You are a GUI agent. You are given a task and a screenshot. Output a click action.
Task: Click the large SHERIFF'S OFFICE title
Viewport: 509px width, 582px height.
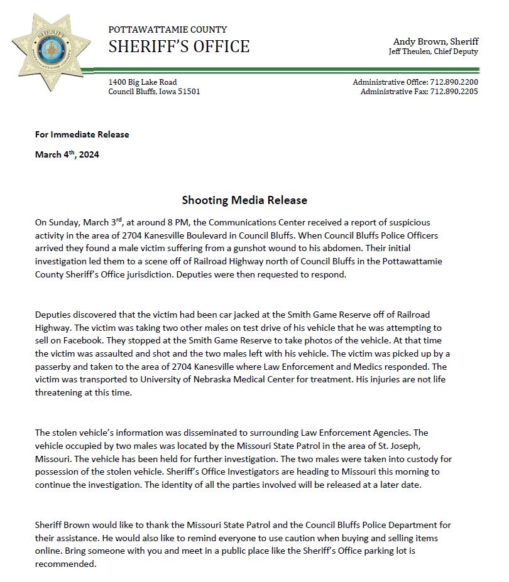[178, 46]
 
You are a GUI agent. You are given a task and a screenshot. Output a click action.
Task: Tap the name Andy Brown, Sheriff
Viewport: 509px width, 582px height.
[435, 41]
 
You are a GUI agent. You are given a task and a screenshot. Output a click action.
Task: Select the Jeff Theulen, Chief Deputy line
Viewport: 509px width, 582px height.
[434, 51]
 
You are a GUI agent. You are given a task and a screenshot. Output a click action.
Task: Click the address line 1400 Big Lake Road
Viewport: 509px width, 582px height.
[142, 82]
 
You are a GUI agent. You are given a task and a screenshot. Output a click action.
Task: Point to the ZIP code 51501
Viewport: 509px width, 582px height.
[189, 92]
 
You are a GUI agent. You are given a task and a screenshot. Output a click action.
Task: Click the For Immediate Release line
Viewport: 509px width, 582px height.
[82, 134]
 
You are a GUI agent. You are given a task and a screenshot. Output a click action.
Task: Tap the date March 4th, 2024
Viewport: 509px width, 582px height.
[67, 154]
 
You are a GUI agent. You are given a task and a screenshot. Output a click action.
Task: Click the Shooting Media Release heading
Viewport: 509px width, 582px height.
[244, 200]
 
